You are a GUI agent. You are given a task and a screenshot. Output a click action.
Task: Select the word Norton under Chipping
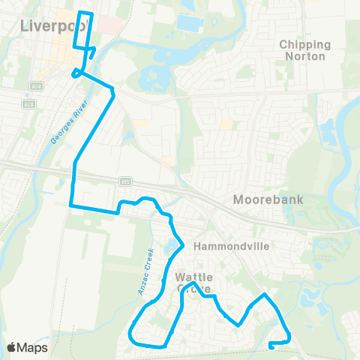(303, 56)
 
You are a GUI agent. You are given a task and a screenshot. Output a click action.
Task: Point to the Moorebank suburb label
(267, 200)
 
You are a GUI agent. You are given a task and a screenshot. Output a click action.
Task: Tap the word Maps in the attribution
(32, 346)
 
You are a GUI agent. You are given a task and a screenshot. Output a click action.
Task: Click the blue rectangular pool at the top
(189, 22)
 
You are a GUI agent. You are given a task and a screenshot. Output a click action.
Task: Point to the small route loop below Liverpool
(76, 73)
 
